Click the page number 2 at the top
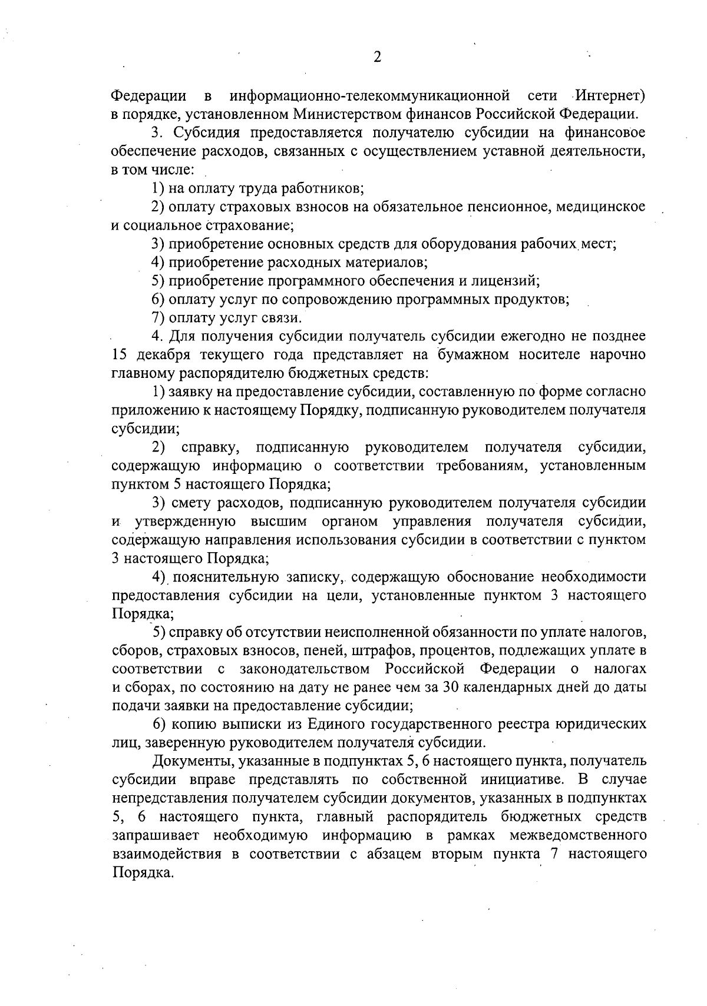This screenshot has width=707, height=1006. coord(377,57)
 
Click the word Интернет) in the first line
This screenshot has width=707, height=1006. coord(611,95)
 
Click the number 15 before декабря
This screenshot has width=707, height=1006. coord(118,355)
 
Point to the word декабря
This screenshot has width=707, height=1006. coord(157,355)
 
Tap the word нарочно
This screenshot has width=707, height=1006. coord(619,355)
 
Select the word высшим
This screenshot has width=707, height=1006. coord(280,522)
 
